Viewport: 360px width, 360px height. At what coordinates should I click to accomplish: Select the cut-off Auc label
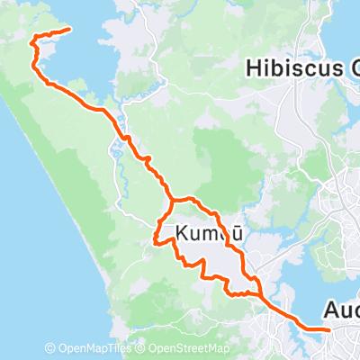tap(340, 310)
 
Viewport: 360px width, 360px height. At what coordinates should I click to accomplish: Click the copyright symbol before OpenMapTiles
tap(50, 349)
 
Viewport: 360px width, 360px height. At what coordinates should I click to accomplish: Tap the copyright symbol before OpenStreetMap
tap(142, 349)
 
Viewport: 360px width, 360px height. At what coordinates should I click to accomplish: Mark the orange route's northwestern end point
tap(68, 30)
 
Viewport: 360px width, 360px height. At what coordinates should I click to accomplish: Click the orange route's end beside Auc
tap(328, 330)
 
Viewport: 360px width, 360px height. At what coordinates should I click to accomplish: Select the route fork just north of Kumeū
tap(172, 199)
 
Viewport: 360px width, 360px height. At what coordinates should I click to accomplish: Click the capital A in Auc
tap(328, 310)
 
